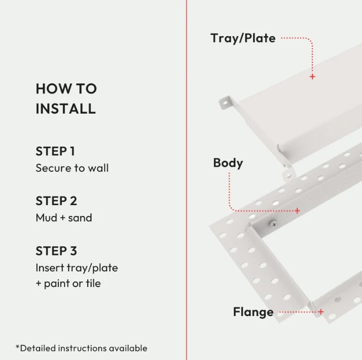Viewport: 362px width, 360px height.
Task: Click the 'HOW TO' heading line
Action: click(66, 88)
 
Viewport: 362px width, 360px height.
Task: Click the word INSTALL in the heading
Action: click(66, 108)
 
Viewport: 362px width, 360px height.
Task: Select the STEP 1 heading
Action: click(55, 151)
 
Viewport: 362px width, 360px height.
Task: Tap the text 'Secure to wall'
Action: click(72, 168)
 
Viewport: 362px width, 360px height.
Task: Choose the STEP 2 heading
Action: click(56, 201)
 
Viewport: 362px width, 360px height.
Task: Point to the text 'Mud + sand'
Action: click(64, 218)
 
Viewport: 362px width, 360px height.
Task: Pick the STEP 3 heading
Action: click(56, 251)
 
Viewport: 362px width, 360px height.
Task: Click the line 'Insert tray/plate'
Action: click(77, 268)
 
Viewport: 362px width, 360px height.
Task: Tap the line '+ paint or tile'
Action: click(68, 283)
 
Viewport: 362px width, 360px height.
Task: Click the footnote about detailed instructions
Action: click(81, 348)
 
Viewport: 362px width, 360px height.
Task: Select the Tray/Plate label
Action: click(243, 38)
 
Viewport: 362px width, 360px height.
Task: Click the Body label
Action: click(228, 163)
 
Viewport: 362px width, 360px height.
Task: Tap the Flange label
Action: click(253, 312)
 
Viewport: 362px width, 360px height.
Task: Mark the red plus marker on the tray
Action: click(313, 77)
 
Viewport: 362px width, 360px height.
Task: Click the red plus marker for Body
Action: click(297, 211)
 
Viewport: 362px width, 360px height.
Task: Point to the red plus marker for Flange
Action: click(321, 312)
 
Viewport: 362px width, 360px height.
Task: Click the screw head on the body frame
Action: click(274, 223)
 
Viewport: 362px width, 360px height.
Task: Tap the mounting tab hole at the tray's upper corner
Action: click(225, 102)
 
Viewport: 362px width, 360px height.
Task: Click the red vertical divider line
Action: click(187, 180)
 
